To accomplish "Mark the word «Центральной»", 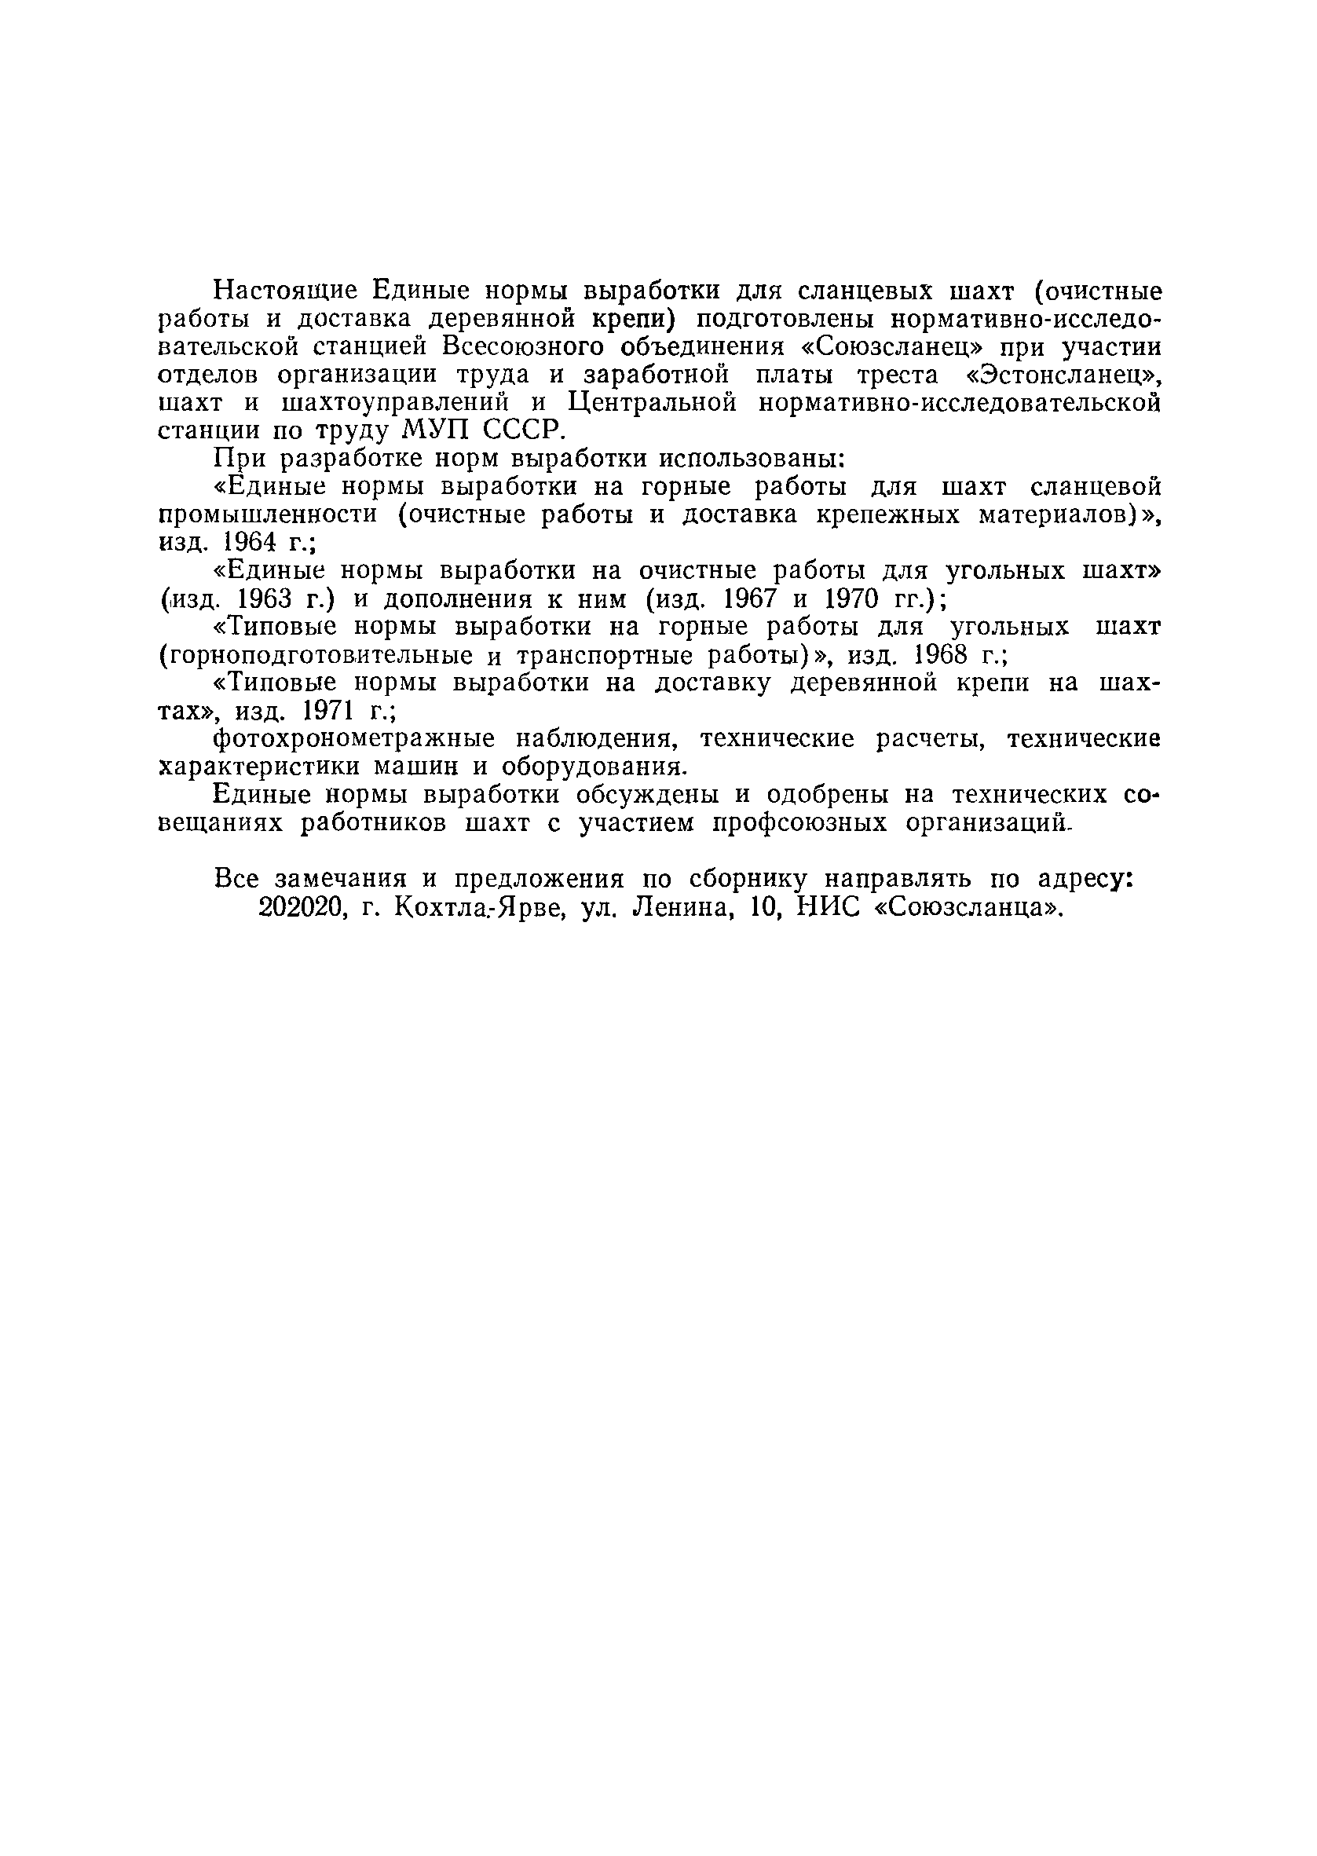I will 652,403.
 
